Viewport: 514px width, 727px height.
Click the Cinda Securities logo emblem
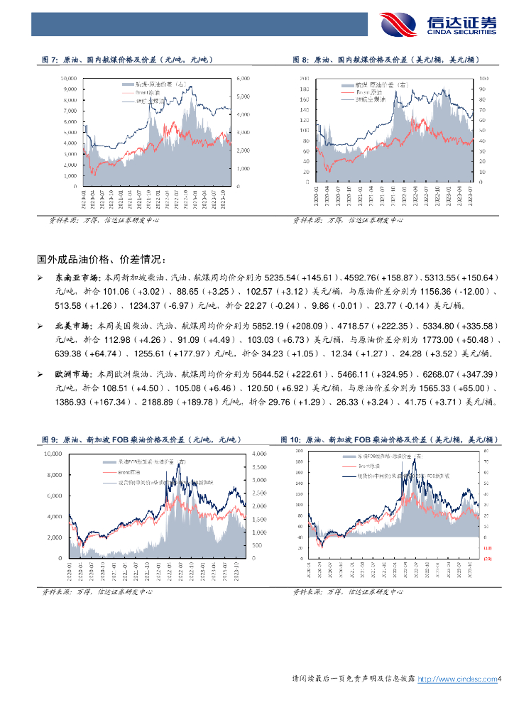coord(399,25)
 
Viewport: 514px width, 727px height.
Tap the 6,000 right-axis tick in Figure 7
coord(242,77)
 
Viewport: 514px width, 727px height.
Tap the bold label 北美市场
coord(70,325)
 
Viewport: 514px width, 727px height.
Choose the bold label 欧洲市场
coord(70,373)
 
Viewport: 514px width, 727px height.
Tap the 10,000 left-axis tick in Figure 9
coord(54,453)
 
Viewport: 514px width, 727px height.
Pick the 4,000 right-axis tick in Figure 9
coord(258,453)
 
